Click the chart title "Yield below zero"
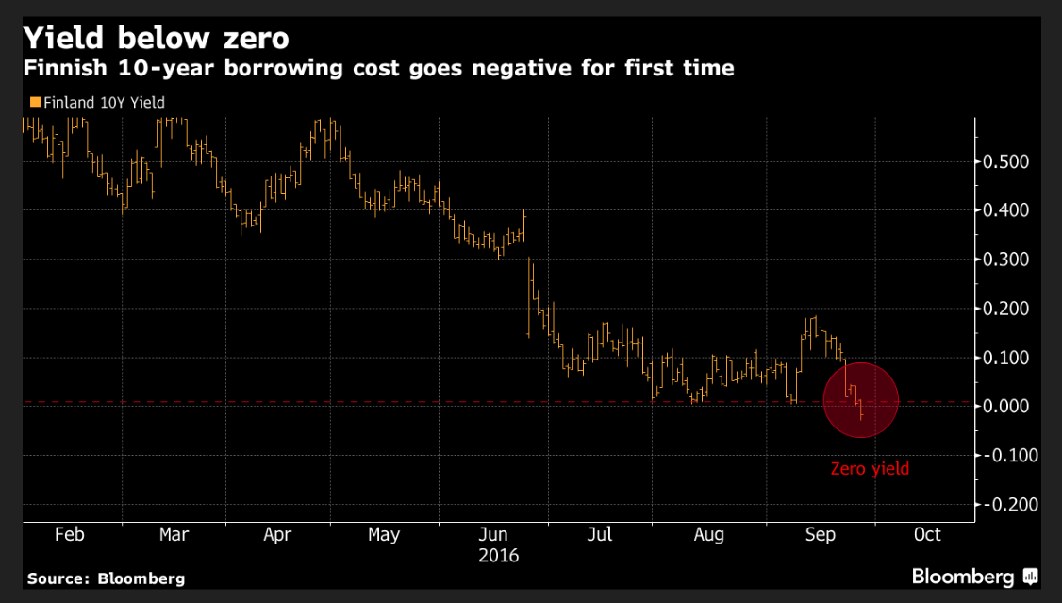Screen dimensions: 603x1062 pos(156,39)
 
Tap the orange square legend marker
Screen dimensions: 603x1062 pos(35,102)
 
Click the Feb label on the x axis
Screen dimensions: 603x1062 pos(70,534)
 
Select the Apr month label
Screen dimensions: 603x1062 pos(277,534)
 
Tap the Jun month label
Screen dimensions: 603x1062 pos(493,534)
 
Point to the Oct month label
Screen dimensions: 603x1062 pos(927,534)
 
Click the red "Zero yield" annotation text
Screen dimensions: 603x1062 pos(870,468)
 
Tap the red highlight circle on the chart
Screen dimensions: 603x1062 pos(861,399)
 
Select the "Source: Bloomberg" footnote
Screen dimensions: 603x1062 pos(106,578)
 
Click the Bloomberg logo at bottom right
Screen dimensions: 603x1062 pos(974,577)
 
